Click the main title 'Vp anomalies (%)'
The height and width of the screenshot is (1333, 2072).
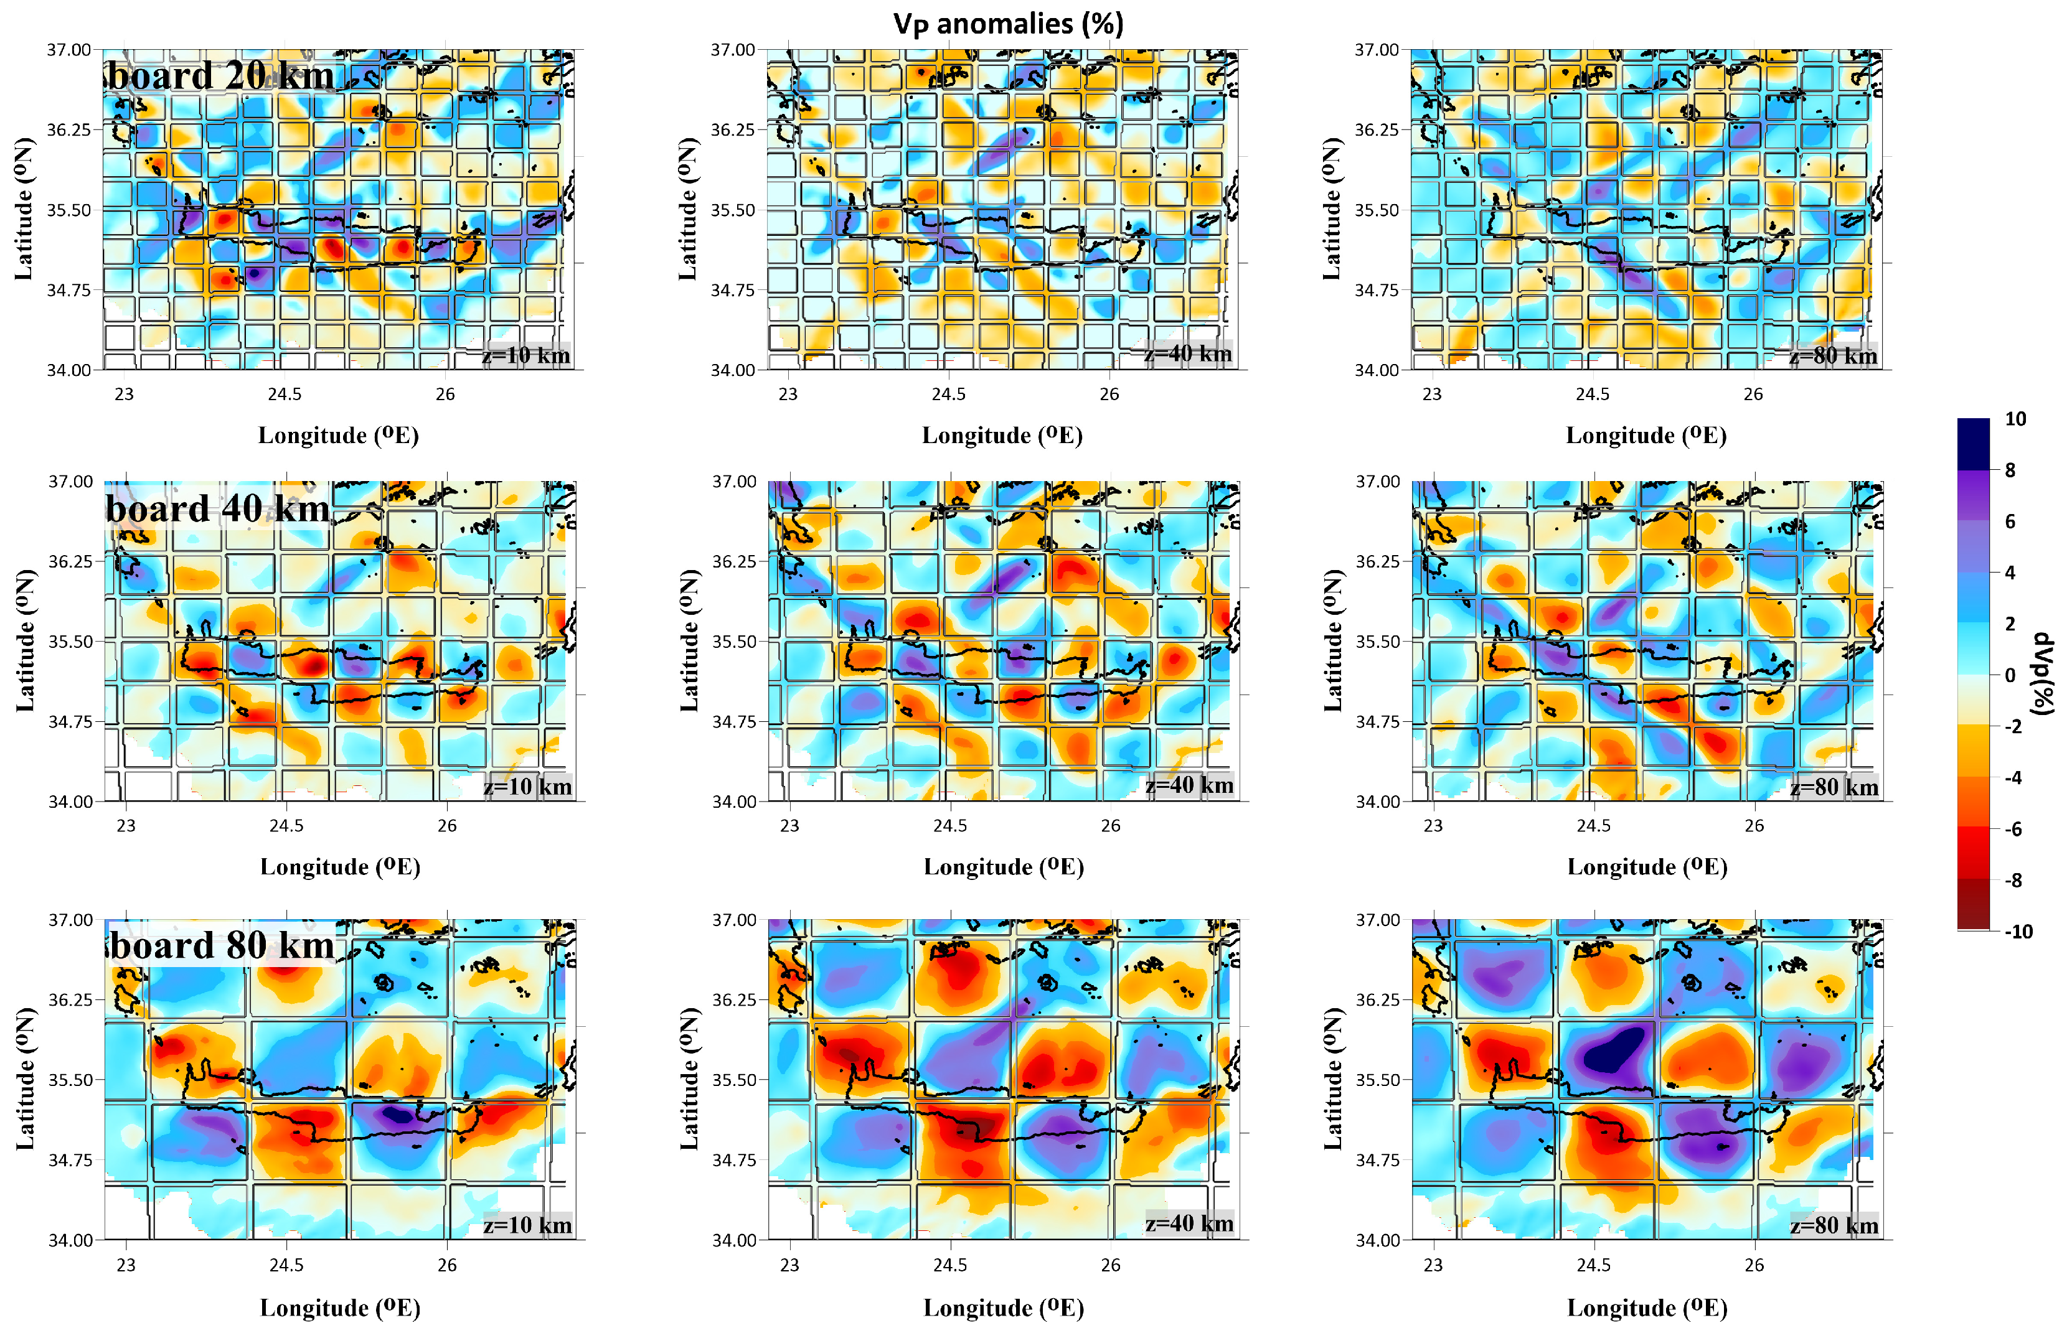[x=1008, y=24]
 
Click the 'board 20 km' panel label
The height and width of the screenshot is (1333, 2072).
[x=221, y=75]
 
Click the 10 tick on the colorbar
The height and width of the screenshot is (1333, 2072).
[x=2015, y=419]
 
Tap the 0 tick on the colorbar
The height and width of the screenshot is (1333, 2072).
[x=2010, y=675]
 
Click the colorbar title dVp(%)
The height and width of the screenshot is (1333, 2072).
[x=2043, y=675]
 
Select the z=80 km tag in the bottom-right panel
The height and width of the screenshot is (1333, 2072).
[x=1834, y=1225]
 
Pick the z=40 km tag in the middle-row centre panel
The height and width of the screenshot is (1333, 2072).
[x=1189, y=785]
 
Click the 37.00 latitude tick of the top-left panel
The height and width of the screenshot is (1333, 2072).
[x=68, y=49]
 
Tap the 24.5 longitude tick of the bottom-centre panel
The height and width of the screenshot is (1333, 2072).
[x=950, y=1265]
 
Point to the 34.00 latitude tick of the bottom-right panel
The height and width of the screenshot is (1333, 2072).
[x=1377, y=1240]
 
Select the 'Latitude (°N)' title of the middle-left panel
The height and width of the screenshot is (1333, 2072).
[x=24, y=640]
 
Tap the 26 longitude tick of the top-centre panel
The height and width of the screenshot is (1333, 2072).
[x=1109, y=394]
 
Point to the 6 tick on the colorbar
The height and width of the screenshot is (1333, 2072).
[x=2010, y=521]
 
